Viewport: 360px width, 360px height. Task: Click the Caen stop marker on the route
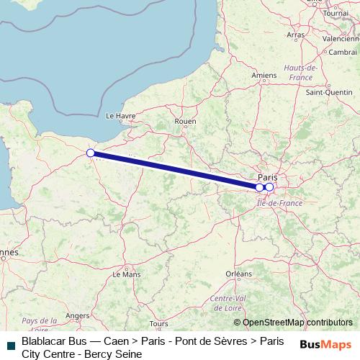pyautogui.click(x=91, y=153)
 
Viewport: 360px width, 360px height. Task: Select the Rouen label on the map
pyautogui.click(x=185, y=122)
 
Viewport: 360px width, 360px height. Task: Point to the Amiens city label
pyautogui.click(x=244, y=75)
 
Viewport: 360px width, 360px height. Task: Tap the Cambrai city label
pyautogui.click(x=343, y=53)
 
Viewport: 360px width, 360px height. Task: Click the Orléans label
pyautogui.click(x=238, y=274)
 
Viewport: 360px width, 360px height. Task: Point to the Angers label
pyautogui.click(x=77, y=315)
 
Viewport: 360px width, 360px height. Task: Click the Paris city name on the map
pyautogui.click(x=267, y=176)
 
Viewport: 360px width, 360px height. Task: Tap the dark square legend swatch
pyautogui.click(x=9, y=345)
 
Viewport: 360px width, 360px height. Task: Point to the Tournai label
pyautogui.click(x=335, y=13)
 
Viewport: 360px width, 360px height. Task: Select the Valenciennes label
pyautogui.click(x=341, y=38)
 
